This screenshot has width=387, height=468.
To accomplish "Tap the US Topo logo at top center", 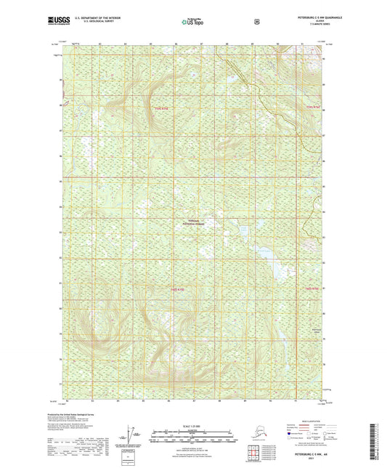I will tap(193, 23).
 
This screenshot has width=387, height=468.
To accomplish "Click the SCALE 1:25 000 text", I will tap(193, 427).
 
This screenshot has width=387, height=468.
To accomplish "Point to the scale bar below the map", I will tap(193, 437).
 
